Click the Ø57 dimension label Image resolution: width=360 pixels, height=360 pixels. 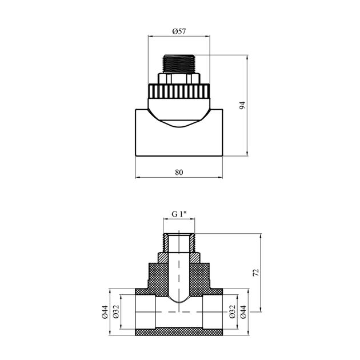click(179, 31)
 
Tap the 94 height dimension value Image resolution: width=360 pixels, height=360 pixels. click(242, 105)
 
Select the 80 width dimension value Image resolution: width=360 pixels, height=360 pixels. click(179, 172)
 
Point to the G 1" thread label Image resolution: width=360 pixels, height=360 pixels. click(179, 214)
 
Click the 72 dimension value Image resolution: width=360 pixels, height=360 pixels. click(256, 273)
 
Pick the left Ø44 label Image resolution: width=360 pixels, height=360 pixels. click(105, 312)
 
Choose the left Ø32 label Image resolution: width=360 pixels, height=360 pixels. click(116, 312)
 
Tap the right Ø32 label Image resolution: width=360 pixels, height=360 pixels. click(233, 312)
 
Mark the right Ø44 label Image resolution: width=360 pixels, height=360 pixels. click(243, 312)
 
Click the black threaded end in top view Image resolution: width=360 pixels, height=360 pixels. click(179, 64)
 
